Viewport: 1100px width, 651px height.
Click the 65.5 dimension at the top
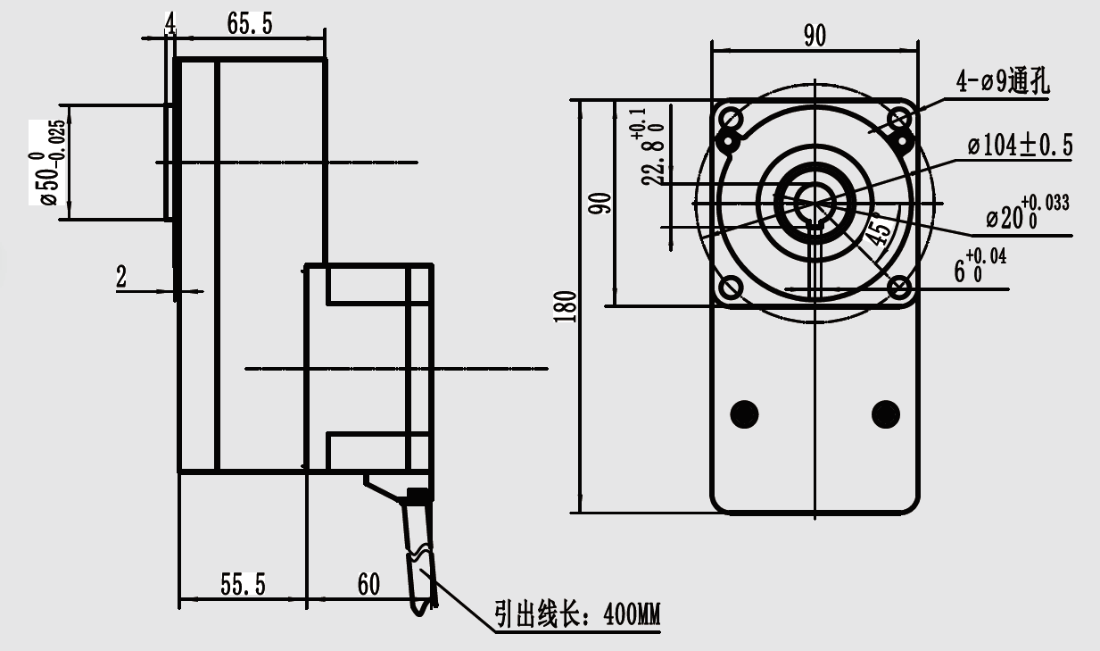(249, 24)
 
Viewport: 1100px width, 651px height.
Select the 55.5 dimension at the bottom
(243, 584)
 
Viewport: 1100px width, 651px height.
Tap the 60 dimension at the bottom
(368, 584)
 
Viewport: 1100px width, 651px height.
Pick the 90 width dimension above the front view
(815, 35)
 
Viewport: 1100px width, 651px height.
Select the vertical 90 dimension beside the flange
(602, 203)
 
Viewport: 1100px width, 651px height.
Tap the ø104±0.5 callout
(1021, 145)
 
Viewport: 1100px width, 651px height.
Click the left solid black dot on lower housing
(744, 413)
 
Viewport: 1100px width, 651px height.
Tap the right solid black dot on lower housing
(886, 413)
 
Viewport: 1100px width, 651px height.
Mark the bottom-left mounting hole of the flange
(731, 288)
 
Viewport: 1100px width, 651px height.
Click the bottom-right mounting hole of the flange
(900, 288)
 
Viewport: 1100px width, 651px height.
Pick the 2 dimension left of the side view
(121, 278)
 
